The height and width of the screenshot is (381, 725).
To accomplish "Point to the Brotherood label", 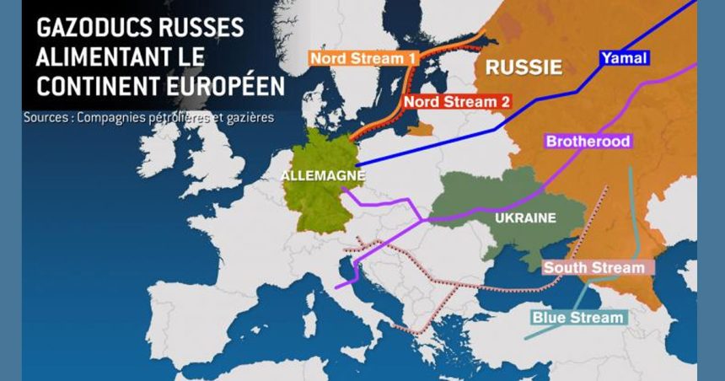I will [x=588, y=142].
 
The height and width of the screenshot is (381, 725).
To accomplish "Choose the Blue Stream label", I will [x=578, y=318].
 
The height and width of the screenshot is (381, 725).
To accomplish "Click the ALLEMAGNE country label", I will [x=324, y=175].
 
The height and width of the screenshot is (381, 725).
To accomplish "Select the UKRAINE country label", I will [x=525, y=217].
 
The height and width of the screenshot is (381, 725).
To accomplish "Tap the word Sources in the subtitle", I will [x=46, y=117].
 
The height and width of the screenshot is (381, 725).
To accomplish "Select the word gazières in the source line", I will [x=250, y=117].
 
